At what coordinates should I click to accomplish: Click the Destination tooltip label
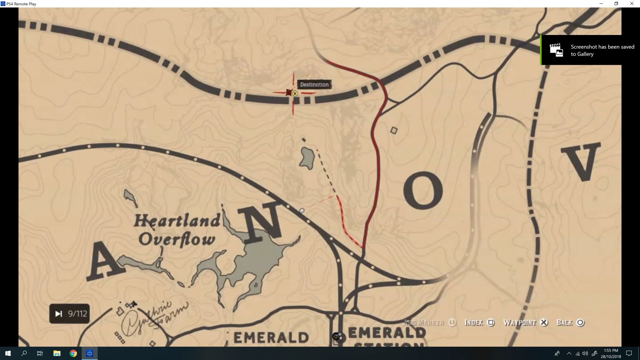(314, 85)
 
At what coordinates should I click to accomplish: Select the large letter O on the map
(423, 190)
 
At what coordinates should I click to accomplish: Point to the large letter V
(581, 161)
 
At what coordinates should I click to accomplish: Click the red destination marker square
(289, 92)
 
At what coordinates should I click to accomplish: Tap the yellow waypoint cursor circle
(295, 93)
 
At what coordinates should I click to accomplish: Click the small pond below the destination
(307, 158)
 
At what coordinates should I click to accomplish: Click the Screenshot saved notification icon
(556, 50)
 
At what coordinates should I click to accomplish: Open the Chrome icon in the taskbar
(73, 353)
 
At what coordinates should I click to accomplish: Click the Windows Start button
(8, 353)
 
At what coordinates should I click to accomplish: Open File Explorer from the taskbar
(57, 353)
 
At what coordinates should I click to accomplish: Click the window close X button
(632, 4)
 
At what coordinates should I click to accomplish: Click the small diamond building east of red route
(394, 130)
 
